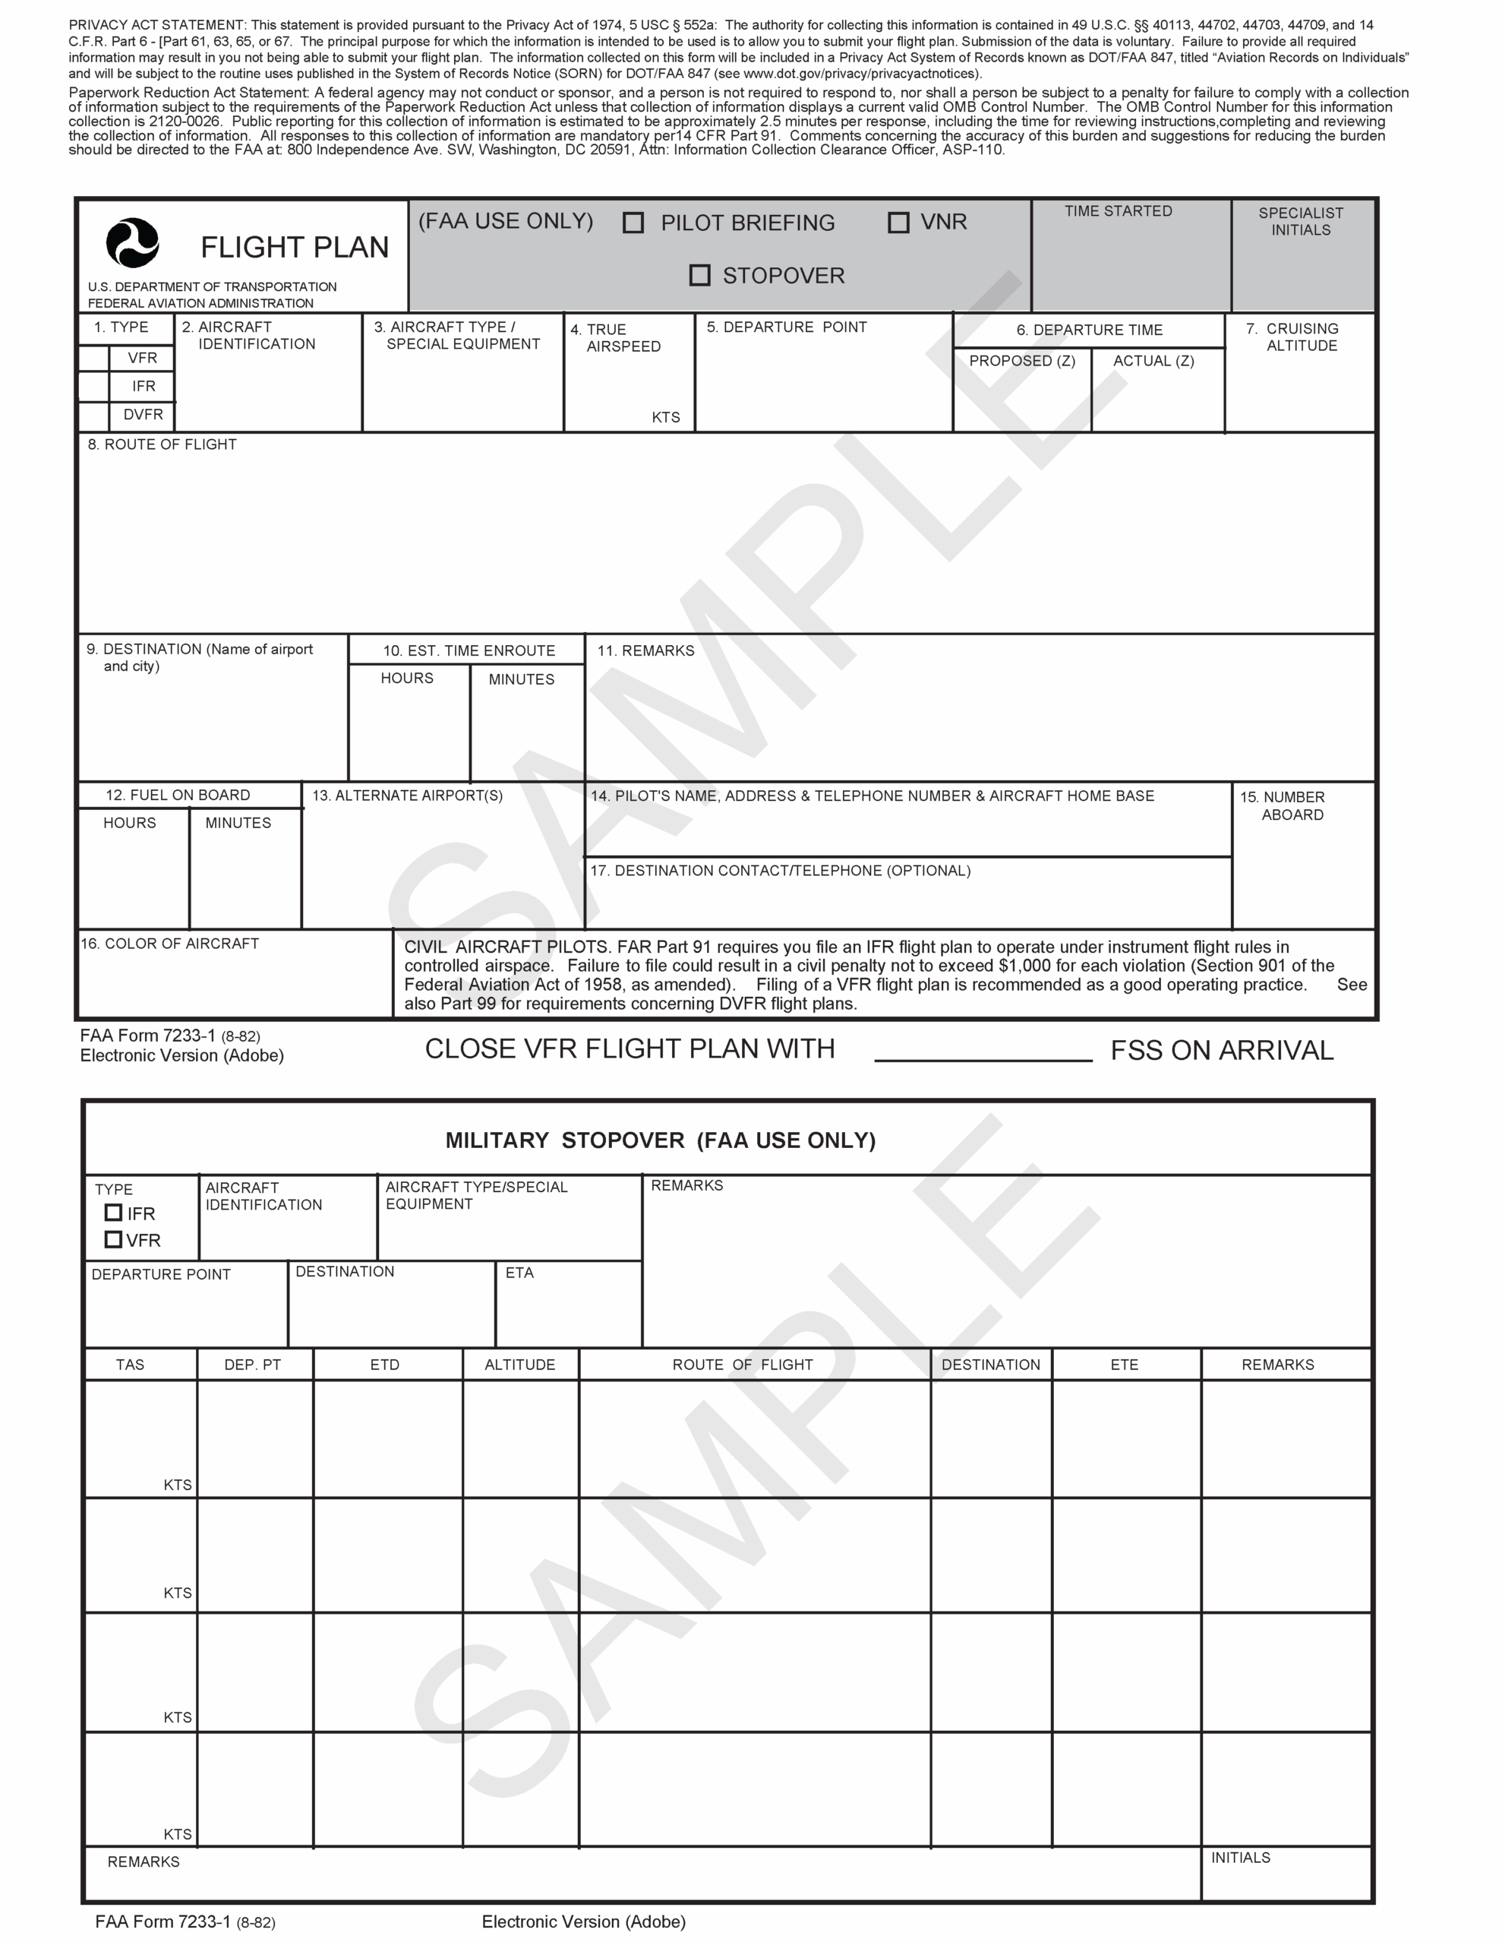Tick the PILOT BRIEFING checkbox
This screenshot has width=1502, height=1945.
633,223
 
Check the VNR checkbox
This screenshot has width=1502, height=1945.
898,223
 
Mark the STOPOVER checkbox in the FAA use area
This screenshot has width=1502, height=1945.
700,275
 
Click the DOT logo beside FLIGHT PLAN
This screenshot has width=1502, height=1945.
133,243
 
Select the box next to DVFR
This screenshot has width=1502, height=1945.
93,415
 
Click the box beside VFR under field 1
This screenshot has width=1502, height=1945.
93,358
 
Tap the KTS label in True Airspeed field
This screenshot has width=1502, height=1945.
665,418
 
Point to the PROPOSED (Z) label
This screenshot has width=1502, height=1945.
1022,361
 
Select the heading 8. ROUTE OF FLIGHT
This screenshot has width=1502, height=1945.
162,444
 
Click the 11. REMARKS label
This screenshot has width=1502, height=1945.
645,651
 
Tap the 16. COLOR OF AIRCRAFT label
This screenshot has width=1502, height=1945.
170,944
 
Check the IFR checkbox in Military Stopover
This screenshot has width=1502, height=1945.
113,1212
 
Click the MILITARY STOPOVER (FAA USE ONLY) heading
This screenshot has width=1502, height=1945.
660,1141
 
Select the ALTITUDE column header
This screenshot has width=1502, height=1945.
519,1365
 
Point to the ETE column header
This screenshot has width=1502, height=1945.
1125,1365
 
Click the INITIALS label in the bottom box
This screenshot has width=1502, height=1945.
1240,1858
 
